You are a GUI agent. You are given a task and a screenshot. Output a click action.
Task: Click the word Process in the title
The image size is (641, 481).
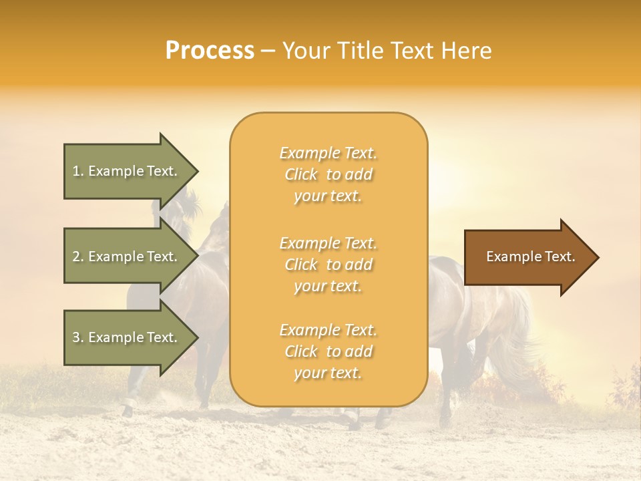pyautogui.click(x=210, y=51)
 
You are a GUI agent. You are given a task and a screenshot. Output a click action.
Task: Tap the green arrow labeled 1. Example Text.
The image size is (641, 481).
pyautogui.click(x=127, y=171)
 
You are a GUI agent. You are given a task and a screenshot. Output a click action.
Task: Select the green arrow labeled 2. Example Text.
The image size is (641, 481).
pyautogui.click(x=127, y=257)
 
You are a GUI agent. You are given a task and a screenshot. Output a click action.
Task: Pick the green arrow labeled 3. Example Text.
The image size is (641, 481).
pyautogui.click(x=127, y=337)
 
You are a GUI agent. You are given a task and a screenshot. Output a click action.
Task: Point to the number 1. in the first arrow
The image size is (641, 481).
pyautogui.click(x=78, y=171)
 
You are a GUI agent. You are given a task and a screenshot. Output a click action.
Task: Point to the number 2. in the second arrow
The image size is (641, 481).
pyautogui.click(x=78, y=257)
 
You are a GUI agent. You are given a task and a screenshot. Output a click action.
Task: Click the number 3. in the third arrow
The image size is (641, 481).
pyautogui.click(x=78, y=337)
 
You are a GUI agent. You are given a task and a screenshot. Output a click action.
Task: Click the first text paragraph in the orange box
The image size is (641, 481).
pyautogui.click(x=328, y=174)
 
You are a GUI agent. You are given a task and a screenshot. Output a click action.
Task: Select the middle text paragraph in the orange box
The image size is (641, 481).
pyautogui.click(x=328, y=265)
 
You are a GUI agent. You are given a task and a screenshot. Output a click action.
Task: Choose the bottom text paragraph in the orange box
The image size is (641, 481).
pyautogui.click(x=328, y=351)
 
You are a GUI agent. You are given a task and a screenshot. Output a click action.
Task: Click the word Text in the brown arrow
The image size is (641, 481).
pyautogui.click(x=560, y=257)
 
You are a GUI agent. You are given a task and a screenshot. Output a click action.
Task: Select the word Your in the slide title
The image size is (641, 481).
pyautogui.click(x=306, y=51)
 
